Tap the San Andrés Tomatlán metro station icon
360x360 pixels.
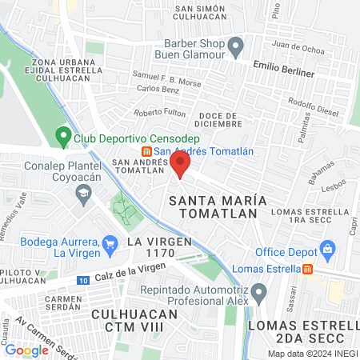(x=146, y=152)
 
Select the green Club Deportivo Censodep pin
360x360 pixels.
(x=62, y=137)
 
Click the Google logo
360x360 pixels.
(x=26, y=350)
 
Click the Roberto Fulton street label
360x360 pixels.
(x=160, y=113)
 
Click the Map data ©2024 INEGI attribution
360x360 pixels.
(x=312, y=354)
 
